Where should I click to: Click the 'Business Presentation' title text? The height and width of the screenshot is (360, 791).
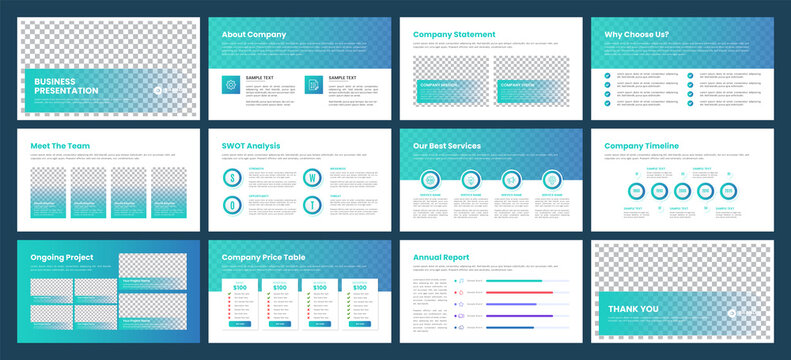[66, 86]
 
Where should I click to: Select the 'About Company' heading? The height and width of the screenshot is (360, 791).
[253, 35]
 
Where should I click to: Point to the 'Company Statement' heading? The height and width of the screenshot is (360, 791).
[454, 35]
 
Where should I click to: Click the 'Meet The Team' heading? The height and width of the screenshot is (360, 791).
[61, 146]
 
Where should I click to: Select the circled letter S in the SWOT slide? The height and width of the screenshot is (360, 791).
[231, 178]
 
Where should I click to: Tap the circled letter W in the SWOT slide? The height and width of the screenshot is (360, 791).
[313, 178]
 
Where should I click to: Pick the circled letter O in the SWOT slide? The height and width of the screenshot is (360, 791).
[231, 205]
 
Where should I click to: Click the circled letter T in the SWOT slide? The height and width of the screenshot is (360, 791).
[313, 205]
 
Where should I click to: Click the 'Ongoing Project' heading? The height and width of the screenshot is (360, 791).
[62, 257]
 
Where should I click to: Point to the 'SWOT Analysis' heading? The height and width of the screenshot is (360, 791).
[251, 146]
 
